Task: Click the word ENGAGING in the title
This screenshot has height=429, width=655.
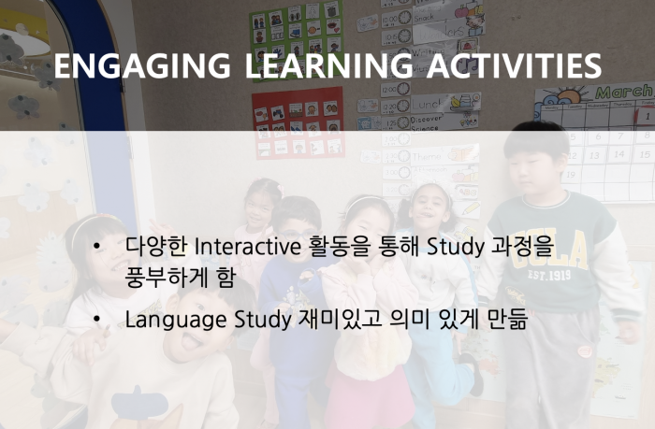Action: click(x=142, y=65)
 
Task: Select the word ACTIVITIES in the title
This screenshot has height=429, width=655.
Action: click(x=514, y=65)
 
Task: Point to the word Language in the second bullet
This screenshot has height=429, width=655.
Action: click(x=176, y=320)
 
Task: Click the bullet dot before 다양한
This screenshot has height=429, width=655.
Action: click(x=97, y=246)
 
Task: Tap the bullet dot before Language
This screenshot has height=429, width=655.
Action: click(x=97, y=320)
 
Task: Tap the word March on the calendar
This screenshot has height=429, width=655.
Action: click(x=624, y=91)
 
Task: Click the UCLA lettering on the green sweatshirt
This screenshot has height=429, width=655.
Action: click(x=552, y=250)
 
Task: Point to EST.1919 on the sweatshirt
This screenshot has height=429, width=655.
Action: click(x=549, y=275)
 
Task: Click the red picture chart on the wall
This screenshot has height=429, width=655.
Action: click(x=298, y=123)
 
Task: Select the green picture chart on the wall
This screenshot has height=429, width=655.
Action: click(x=297, y=40)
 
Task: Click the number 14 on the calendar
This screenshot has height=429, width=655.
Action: click(x=619, y=154)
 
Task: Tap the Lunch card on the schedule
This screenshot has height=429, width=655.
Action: click(x=445, y=103)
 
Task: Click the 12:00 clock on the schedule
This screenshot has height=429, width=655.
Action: click(x=396, y=89)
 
